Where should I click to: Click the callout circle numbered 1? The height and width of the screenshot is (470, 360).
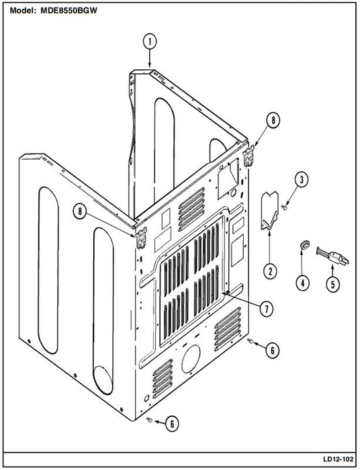[x=150, y=42]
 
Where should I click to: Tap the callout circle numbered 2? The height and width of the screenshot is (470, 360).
[x=270, y=271]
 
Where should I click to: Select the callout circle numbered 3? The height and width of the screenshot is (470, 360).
[x=302, y=179]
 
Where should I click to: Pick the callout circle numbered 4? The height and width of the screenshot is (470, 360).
[x=302, y=283]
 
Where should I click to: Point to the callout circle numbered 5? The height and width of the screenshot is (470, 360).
[x=332, y=283]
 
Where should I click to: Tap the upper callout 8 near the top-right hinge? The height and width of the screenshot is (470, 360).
[x=273, y=120]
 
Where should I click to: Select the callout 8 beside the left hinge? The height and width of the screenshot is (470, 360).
[x=80, y=211]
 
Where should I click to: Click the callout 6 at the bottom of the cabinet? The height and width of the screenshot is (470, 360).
[x=172, y=424]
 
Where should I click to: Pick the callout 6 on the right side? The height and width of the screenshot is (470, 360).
[x=272, y=350]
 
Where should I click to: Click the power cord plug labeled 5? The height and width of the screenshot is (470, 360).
[x=332, y=257]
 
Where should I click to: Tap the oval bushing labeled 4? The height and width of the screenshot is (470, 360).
[x=304, y=244]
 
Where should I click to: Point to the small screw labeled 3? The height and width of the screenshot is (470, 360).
[x=285, y=207]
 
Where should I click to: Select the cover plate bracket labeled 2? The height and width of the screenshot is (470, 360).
[x=269, y=210]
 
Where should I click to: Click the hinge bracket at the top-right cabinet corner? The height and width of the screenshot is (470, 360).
[x=249, y=156]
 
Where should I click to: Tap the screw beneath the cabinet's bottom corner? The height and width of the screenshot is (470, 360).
[x=150, y=420]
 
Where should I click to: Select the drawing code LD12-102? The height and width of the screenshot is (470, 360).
[x=338, y=459]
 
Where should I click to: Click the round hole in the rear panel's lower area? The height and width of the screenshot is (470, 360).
[x=191, y=359]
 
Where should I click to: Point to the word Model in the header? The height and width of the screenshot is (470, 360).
[x=23, y=11]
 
